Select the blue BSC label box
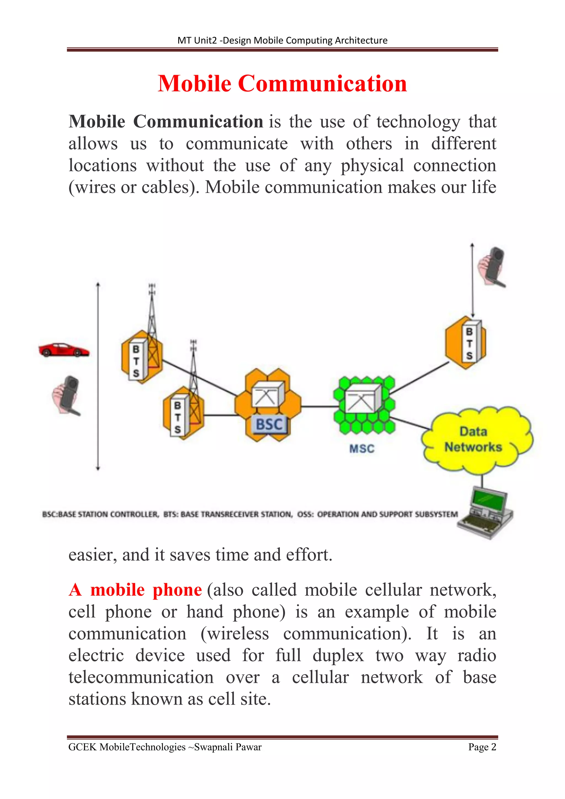[270, 425]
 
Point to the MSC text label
[362, 449]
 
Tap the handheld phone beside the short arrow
[493, 267]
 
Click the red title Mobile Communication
[282, 84]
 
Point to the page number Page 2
[482, 747]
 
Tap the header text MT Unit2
[197, 40]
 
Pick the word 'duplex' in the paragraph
[338, 655]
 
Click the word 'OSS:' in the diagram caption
[305, 514]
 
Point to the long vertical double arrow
[98, 376]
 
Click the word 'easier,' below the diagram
[92, 555]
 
